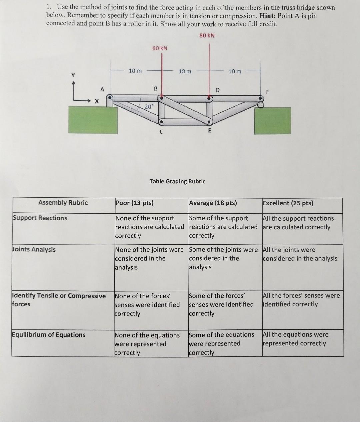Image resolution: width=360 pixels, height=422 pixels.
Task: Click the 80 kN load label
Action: tap(207, 36)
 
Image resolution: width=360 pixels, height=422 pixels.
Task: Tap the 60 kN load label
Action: tap(160, 48)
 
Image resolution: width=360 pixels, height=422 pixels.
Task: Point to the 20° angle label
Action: tap(149, 107)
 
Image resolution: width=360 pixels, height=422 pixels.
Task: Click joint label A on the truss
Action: tap(102, 89)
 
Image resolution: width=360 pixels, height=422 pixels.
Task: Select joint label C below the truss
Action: tap(161, 132)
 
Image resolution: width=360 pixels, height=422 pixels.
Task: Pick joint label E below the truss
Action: tap(209, 131)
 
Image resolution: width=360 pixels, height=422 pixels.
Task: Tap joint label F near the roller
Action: tap(267, 92)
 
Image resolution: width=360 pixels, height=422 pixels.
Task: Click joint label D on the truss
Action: tap(217, 90)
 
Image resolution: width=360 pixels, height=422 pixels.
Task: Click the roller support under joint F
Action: tap(260, 105)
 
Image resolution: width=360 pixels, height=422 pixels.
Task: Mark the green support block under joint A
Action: tap(93, 120)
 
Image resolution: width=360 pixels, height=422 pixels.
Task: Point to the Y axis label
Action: tap(73, 75)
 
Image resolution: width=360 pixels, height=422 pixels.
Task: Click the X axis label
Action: tap(97, 101)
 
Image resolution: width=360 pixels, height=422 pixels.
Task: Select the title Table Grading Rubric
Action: tap(177, 181)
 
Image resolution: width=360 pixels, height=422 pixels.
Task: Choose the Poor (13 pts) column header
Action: tap(135, 203)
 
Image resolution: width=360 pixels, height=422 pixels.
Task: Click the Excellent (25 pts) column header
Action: tap(288, 203)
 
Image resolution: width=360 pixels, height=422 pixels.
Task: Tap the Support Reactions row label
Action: tap(40, 218)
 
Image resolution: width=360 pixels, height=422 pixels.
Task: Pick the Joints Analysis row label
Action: tap(34, 249)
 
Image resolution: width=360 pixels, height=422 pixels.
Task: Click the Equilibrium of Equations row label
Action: tap(49, 335)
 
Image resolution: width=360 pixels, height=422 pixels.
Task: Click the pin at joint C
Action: tap(161, 122)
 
